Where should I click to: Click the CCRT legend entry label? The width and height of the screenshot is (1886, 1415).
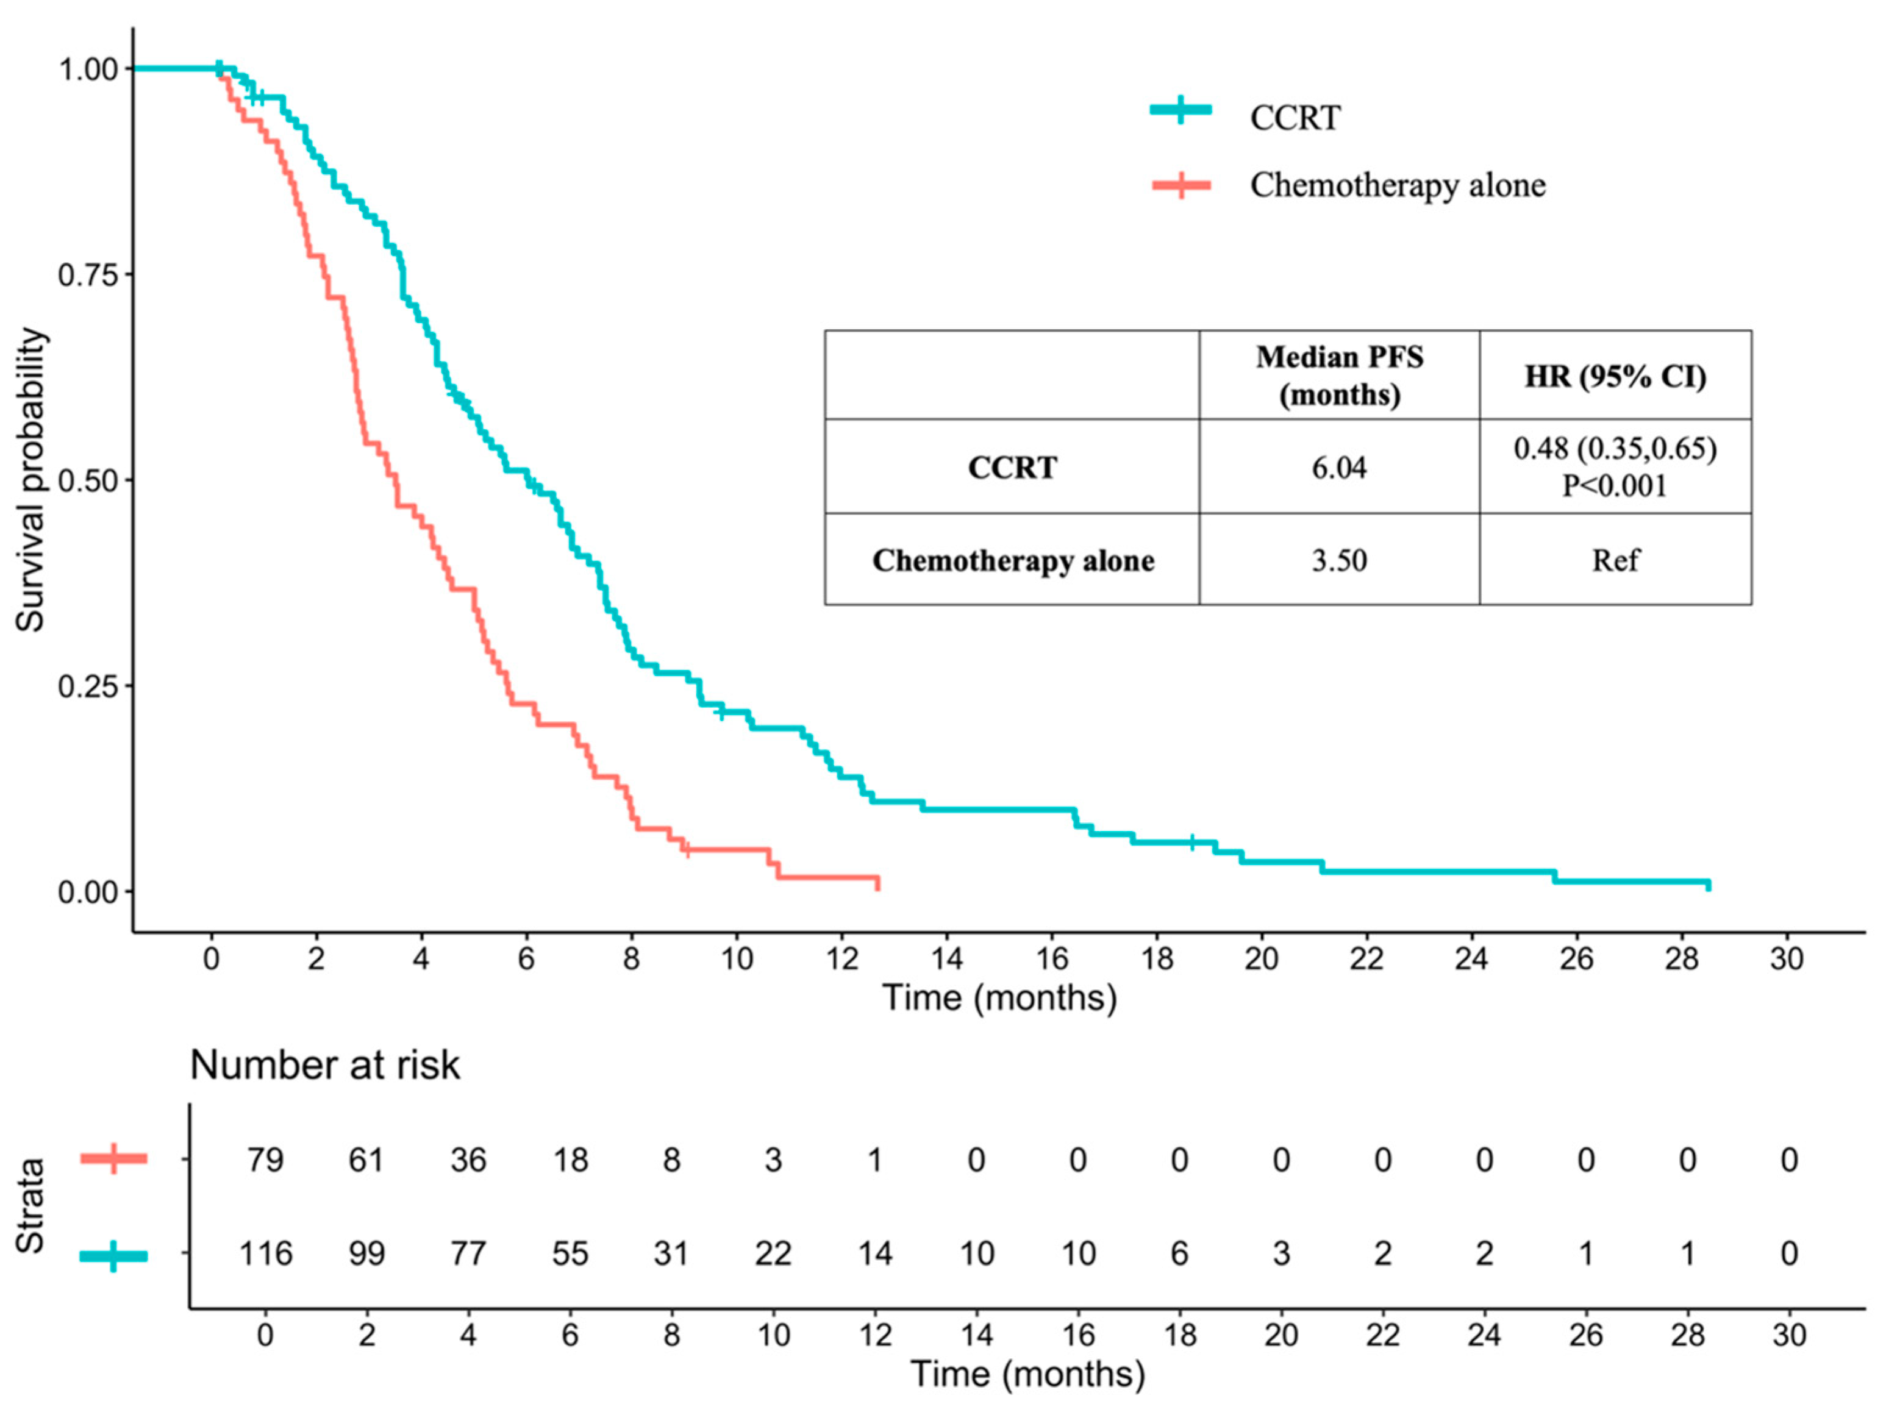pyautogui.click(x=1295, y=118)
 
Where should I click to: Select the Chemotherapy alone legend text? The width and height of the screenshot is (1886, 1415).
pyautogui.click(x=1396, y=185)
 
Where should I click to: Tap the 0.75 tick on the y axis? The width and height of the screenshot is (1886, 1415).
pyautogui.click(x=87, y=274)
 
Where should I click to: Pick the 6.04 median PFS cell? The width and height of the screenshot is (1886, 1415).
pyautogui.click(x=1338, y=467)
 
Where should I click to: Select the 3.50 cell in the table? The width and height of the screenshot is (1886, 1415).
pyautogui.click(x=1338, y=560)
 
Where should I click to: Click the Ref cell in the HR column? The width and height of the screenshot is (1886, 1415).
pyautogui.click(x=1614, y=560)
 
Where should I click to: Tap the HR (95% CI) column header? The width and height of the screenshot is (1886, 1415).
pyautogui.click(x=1614, y=376)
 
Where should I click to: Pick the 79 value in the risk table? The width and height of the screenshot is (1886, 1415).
pyautogui.click(x=265, y=1160)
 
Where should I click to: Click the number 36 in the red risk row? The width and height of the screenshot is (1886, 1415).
pyautogui.click(x=468, y=1160)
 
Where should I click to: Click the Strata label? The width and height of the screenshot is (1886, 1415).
pyautogui.click(x=30, y=1205)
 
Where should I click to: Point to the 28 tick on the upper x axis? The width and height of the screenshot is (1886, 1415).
pyautogui.click(x=1681, y=959)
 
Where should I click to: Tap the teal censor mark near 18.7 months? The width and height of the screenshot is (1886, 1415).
pyautogui.click(x=1192, y=842)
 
